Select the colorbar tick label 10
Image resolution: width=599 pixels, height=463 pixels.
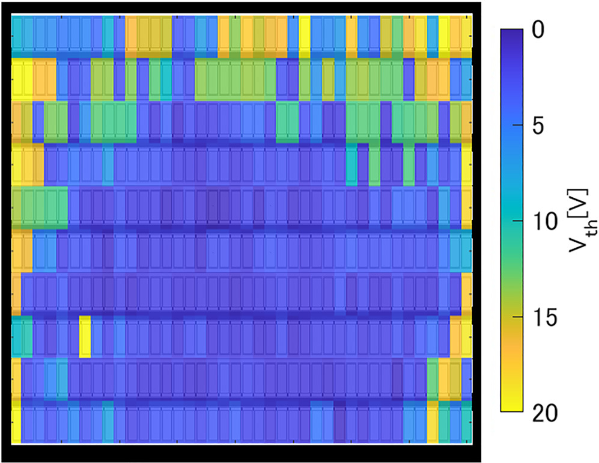[544, 222]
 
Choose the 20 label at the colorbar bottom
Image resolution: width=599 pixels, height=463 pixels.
[545, 414]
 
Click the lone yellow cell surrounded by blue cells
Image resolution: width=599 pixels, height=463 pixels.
[85, 336]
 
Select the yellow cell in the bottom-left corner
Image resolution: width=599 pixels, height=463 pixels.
[16, 425]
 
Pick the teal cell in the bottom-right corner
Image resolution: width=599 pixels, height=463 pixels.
[466, 425]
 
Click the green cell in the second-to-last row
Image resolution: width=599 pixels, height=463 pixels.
[432, 379]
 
